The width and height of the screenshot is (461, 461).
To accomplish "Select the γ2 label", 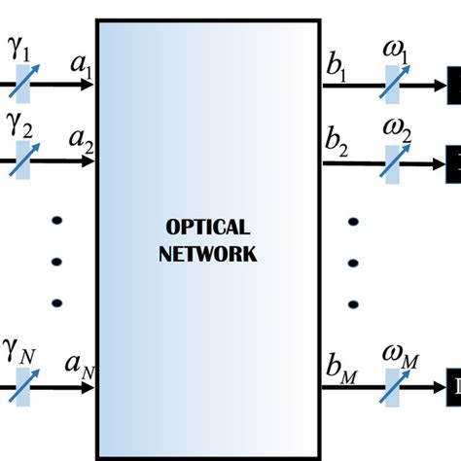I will (20, 126).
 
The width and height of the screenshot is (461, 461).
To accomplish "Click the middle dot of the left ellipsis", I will (55, 261).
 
